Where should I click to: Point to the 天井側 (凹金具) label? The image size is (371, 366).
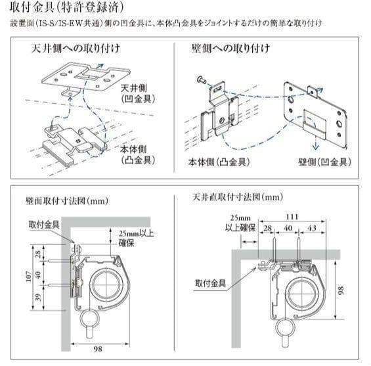coord(137,92)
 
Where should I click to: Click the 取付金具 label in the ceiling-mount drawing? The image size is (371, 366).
coord(211,283)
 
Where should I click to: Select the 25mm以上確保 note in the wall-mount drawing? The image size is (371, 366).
coord(137,237)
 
